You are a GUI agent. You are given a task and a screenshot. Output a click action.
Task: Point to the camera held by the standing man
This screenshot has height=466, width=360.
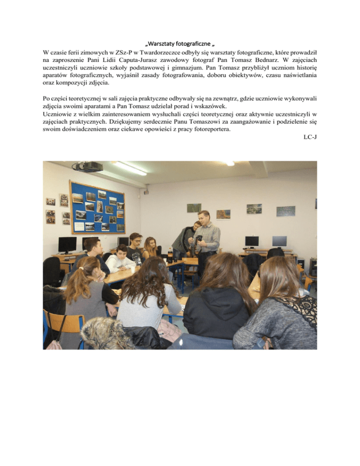point(199,239)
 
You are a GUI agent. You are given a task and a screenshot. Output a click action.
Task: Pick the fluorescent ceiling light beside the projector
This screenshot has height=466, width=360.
point(128,168)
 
